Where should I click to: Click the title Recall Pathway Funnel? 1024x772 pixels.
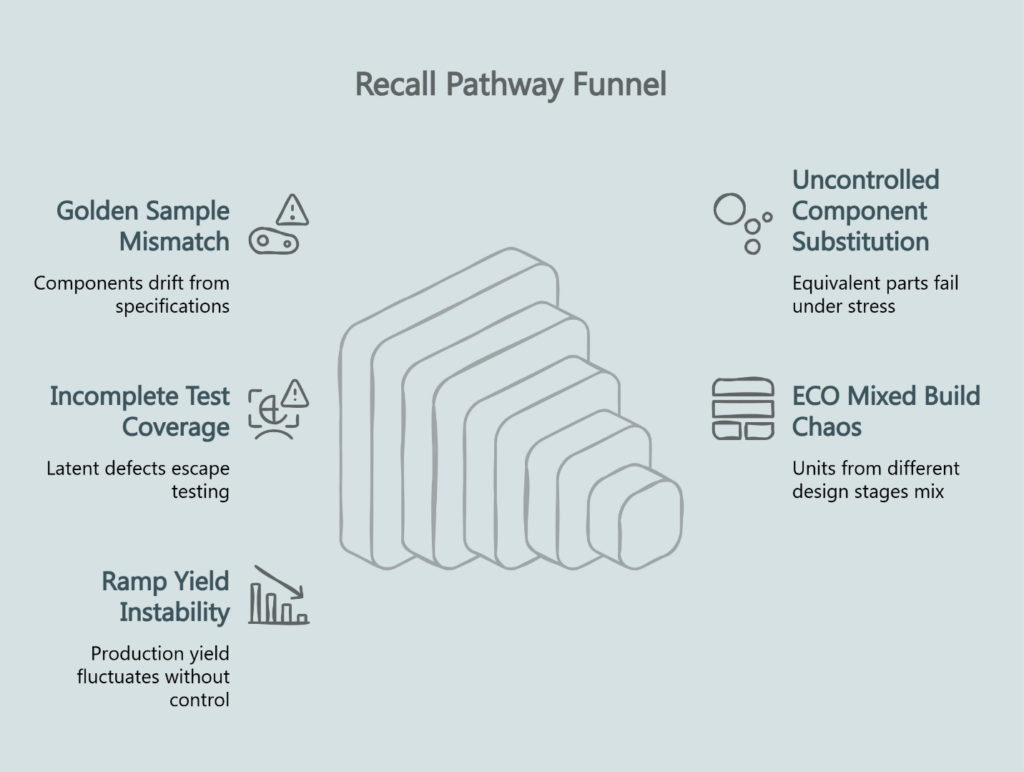(510, 85)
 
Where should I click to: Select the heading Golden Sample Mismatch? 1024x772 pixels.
(143, 226)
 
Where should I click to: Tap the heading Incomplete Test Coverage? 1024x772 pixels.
(140, 411)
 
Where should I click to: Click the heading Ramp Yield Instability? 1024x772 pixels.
(165, 596)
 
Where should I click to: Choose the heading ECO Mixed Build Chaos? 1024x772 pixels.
(886, 411)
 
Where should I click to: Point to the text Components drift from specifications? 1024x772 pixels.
(131, 295)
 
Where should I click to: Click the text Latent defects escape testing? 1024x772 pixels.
(138, 480)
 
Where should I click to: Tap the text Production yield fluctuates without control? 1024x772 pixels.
(153, 677)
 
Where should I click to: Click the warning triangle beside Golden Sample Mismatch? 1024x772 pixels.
(292, 209)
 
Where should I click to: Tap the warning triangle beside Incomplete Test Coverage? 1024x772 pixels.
(294, 393)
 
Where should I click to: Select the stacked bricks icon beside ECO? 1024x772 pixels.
(742, 408)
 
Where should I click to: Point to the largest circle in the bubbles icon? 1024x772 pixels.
(729, 209)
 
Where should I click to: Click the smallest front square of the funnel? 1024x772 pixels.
(650, 523)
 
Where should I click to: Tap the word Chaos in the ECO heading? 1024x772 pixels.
(827, 427)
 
